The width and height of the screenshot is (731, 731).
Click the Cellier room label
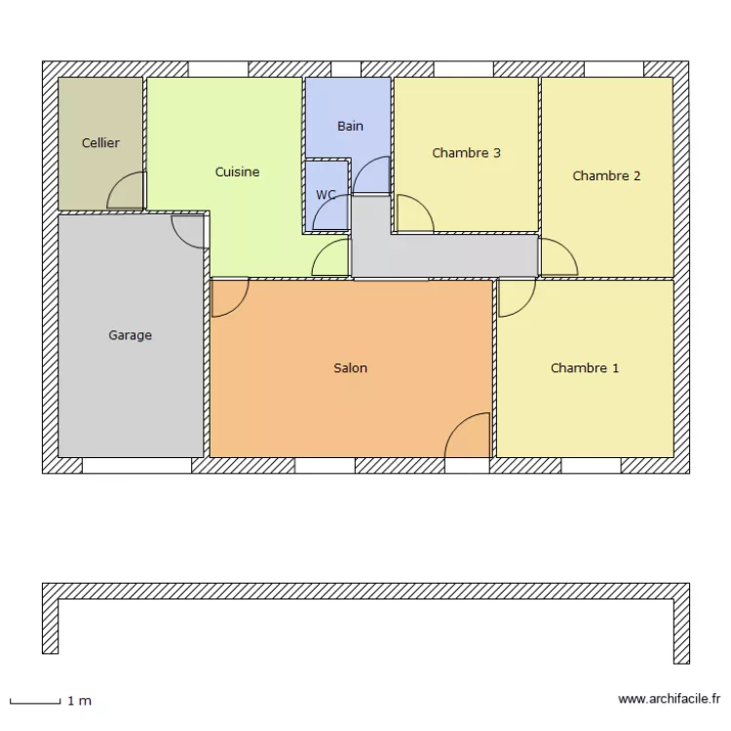click(100, 143)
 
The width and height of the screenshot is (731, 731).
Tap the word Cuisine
click(237, 173)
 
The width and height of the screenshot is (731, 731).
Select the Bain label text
click(350, 127)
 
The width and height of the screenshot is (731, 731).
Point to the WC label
click(326, 195)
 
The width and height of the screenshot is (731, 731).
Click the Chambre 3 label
click(466, 153)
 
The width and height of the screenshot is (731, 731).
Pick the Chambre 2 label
click(606, 176)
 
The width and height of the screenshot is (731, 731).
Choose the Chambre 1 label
click(585, 368)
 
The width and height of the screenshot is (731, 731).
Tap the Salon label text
click(350, 368)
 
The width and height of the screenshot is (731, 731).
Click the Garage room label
click(130, 335)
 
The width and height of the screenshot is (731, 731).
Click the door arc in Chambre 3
click(413, 214)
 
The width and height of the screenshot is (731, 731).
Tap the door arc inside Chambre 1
click(517, 297)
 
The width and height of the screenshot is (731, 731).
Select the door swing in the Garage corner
click(188, 230)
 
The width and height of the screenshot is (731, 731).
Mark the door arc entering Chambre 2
click(557, 257)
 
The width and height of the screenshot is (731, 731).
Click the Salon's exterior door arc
click(468, 435)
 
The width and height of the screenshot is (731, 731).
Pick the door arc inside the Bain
click(371, 176)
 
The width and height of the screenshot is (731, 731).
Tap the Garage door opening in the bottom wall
click(136, 466)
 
